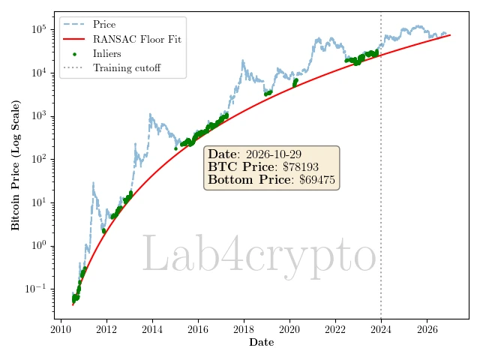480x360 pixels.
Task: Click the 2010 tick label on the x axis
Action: (x=61, y=329)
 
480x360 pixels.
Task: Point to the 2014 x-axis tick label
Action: (x=152, y=329)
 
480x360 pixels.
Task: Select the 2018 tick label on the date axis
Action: (x=244, y=329)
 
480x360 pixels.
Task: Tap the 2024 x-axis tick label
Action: (x=381, y=329)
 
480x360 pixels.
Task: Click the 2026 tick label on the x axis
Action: (x=427, y=329)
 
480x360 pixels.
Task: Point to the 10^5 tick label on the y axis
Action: (x=39, y=29)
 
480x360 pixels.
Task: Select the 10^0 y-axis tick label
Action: (x=39, y=245)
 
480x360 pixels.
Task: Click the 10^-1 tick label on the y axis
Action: (x=36, y=288)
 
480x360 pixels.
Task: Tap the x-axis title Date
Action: (x=262, y=342)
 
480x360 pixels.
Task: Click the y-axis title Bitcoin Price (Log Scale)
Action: (x=15, y=165)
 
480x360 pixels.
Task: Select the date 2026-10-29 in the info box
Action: (x=274, y=154)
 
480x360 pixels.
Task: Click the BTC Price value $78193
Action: (x=301, y=166)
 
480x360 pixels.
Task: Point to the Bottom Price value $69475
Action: (x=317, y=180)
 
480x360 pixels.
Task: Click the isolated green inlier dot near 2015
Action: (x=175, y=148)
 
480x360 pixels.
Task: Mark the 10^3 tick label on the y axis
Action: (x=39, y=115)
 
